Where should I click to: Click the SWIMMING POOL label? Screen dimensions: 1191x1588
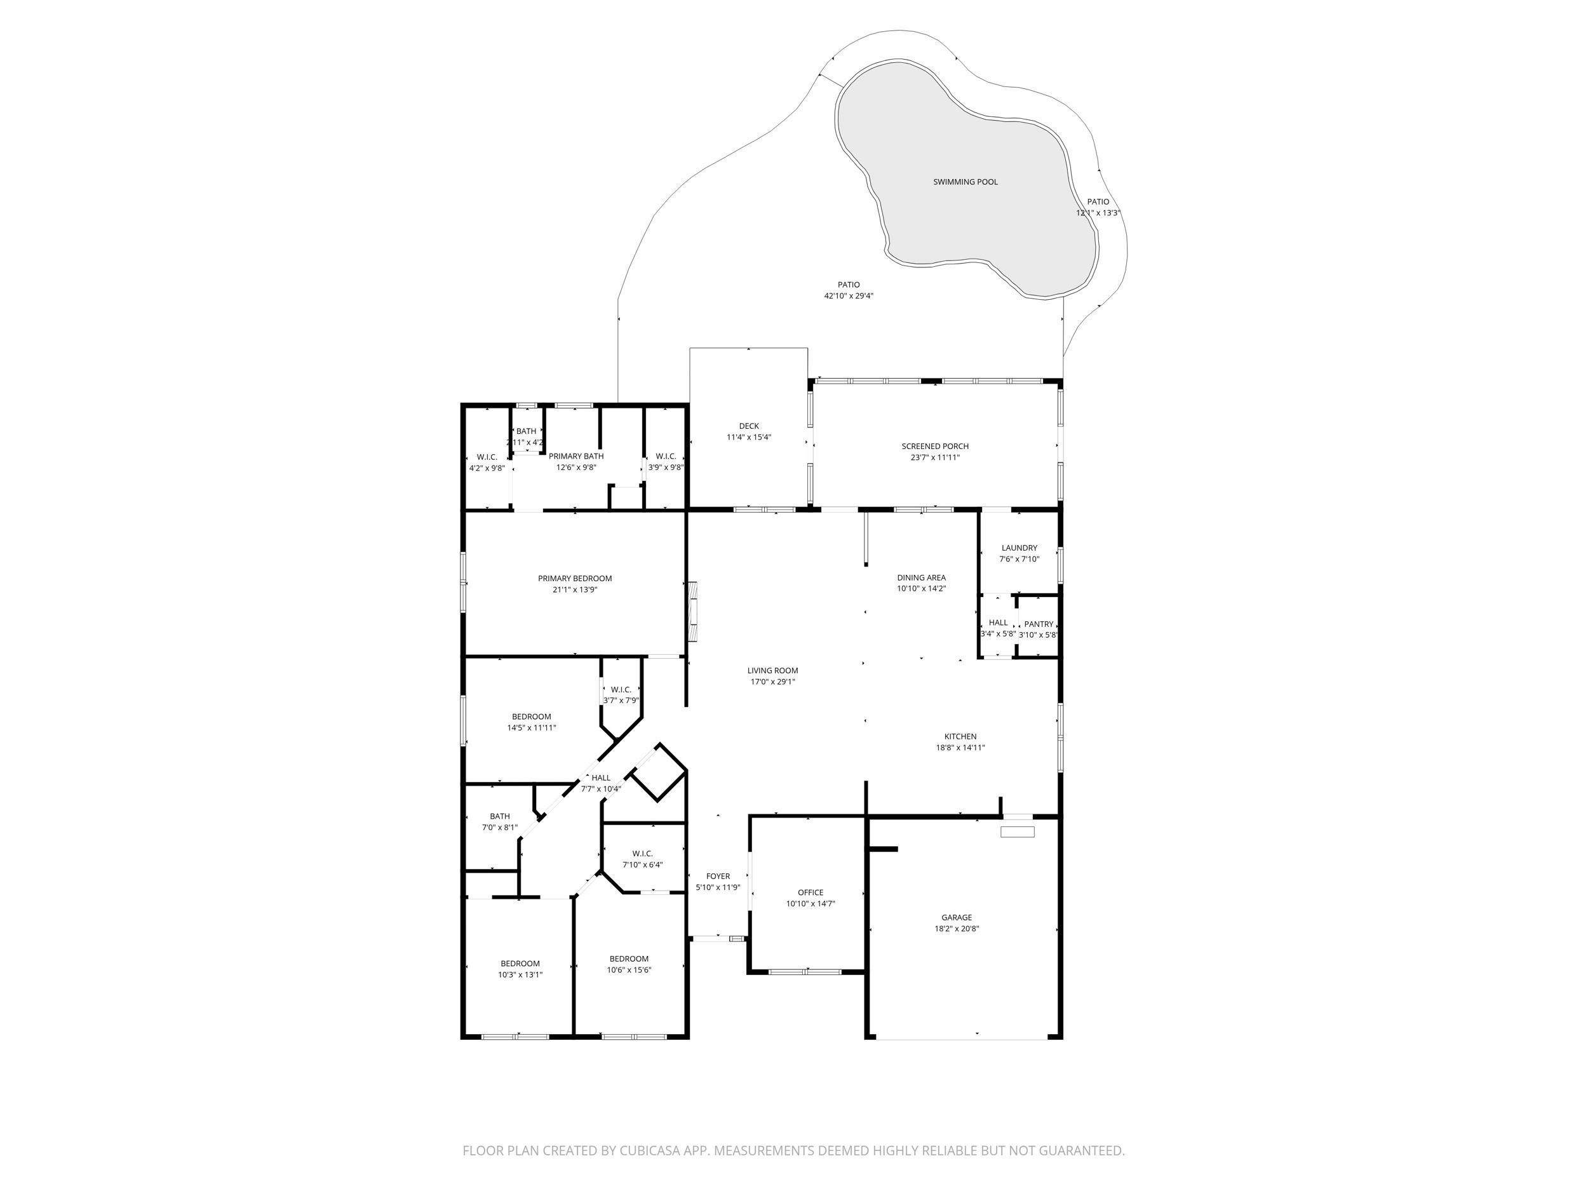(x=965, y=182)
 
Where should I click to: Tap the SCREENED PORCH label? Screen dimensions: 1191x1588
(x=935, y=447)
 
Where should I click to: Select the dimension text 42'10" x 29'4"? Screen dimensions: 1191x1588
(x=848, y=296)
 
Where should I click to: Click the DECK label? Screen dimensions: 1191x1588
(x=749, y=426)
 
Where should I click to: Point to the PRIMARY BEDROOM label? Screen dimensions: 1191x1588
(x=574, y=579)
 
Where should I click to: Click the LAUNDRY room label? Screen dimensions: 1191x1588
(x=1019, y=548)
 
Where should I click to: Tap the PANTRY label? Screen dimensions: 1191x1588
(x=1038, y=624)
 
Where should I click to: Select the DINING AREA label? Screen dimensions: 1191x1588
(x=921, y=578)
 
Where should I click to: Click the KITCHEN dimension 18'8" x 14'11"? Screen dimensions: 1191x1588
(x=960, y=748)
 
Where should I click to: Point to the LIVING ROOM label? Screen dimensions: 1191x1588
(x=772, y=671)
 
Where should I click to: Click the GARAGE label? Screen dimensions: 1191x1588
(x=956, y=917)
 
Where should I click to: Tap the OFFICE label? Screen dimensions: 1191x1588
(x=810, y=892)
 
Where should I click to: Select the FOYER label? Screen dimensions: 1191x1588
(x=718, y=876)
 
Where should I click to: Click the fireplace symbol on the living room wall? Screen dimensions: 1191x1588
(x=693, y=611)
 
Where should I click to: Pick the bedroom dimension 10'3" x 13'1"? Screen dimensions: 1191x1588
(x=520, y=975)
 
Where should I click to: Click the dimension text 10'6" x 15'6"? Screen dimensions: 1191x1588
(x=629, y=970)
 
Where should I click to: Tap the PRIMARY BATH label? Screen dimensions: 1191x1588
(x=575, y=456)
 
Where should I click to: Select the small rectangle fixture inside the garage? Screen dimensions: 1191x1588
(x=1017, y=832)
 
